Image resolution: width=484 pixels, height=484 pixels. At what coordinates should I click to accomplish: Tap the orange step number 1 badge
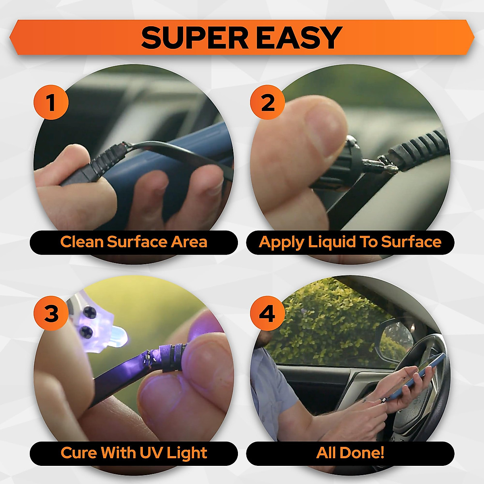51,102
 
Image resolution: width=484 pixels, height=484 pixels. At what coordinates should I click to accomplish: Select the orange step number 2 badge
267,102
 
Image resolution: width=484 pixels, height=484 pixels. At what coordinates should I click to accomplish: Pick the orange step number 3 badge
51,313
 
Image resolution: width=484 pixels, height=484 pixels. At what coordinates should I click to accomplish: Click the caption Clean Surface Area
134,242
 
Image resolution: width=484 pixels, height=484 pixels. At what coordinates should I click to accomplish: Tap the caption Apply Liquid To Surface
350,242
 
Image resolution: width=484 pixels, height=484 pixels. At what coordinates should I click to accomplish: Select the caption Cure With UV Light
134,453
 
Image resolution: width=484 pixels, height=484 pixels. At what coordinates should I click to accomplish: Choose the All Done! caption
350,453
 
